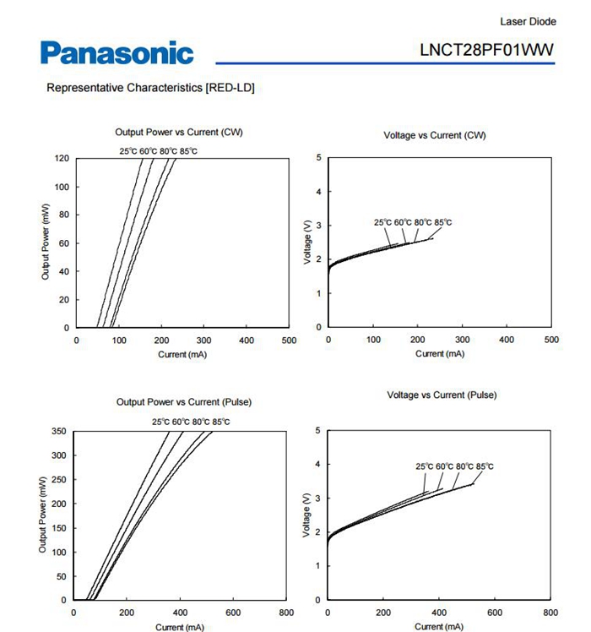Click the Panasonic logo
[x=117, y=52]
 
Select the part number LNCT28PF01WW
[x=486, y=50]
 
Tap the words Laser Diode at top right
[x=529, y=21]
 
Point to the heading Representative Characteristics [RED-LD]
[x=150, y=88]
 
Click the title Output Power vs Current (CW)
[x=179, y=132]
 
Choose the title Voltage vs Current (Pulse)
[x=442, y=395]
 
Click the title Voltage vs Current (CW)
[x=434, y=135]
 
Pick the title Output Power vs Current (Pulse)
[x=184, y=402]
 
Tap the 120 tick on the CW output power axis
[x=62, y=158]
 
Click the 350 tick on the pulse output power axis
[x=59, y=431]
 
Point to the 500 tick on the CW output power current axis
[x=289, y=341]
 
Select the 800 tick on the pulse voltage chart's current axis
[x=550, y=613]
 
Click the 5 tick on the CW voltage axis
[x=318, y=158]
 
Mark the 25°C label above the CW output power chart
[x=128, y=151]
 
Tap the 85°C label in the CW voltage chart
[x=442, y=222]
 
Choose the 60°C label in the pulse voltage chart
[x=444, y=466]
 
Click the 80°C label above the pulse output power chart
[x=201, y=422]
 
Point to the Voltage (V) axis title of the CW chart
[x=307, y=242]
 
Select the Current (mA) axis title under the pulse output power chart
[x=180, y=627]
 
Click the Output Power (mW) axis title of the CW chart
[x=45, y=242]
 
